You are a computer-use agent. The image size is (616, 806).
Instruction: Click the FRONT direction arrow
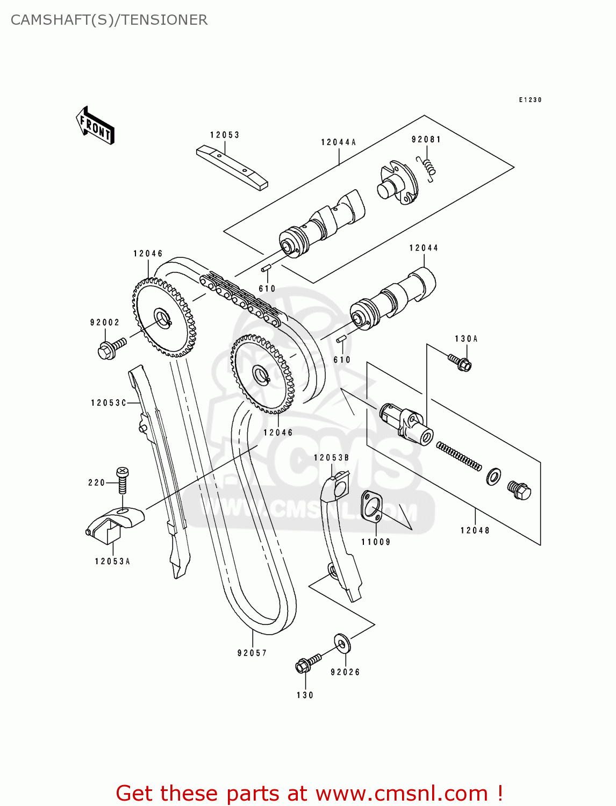point(95,126)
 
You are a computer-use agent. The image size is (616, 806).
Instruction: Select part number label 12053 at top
point(225,135)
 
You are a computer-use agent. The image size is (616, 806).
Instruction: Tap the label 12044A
point(339,142)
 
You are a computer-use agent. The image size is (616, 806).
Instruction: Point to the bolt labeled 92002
point(111,348)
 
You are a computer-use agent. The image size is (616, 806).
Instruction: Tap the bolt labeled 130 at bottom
point(307,663)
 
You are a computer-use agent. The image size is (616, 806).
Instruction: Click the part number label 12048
point(475,530)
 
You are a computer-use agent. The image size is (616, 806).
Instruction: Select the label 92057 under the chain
point(252,653)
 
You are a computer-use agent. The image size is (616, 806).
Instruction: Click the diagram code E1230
point(530,100)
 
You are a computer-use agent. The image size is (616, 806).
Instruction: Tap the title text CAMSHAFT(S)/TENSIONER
point(109,20)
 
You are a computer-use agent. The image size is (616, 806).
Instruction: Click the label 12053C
point(108,403)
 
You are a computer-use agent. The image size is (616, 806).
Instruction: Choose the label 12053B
point(332,458)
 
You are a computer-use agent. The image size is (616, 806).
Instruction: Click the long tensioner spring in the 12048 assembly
point(459,456)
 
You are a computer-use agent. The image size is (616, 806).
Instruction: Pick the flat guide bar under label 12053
point(232,168)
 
